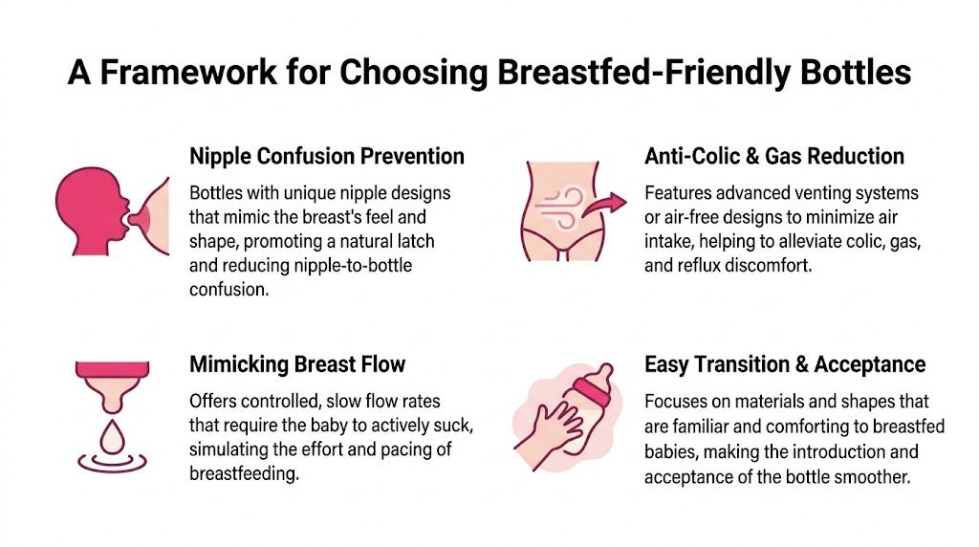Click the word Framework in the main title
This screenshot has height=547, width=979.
[x=188, y=73]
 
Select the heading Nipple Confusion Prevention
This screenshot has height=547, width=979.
[x=327, y=156]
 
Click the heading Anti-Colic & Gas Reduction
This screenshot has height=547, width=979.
[x=774, y=156]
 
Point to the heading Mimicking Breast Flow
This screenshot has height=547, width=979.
[x=297, y=364]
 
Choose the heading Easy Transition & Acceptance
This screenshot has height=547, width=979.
[x=785, y=364]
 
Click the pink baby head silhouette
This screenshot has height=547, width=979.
[x=93, y=210]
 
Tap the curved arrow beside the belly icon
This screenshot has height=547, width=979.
[x=604, y=206]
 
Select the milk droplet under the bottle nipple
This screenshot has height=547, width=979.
[x=113, y=438]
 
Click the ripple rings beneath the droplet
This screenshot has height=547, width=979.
[x=113, y=463]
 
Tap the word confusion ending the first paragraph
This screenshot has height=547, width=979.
[x=229, y=290]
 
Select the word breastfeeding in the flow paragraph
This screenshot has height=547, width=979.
[x=244, y=474]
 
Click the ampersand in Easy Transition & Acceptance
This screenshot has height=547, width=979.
[x=802, y=364]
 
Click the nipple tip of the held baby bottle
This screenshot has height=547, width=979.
[x=604, y=370]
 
